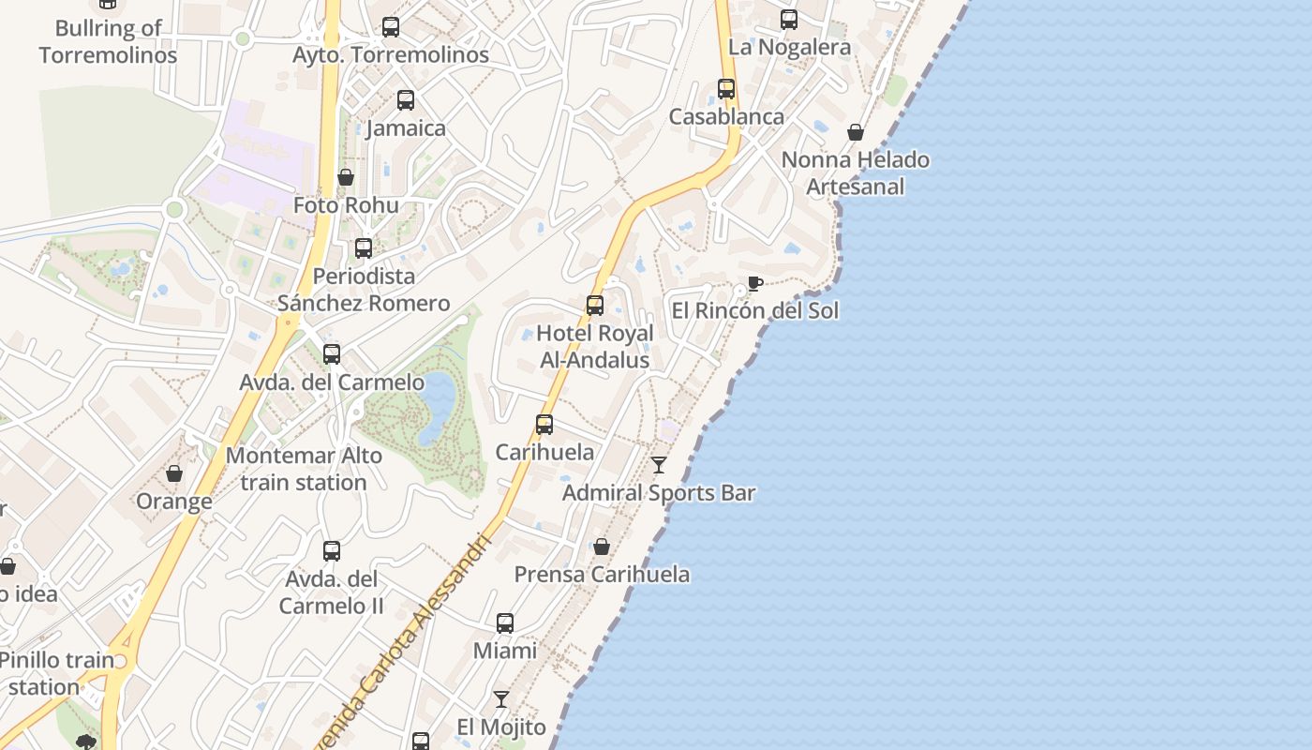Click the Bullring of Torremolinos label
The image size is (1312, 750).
point(108,41)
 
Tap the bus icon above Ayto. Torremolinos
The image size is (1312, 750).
point(391,27)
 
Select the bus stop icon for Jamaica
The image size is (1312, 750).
point(406,100)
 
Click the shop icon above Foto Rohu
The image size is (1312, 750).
point(346,177)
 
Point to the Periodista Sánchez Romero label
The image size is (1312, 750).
point(364,290)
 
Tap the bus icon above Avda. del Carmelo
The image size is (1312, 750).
point(332,354)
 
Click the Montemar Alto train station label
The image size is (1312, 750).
point(304,470)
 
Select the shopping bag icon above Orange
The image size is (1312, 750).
point(174,473)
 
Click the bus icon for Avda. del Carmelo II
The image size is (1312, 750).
point(332,551)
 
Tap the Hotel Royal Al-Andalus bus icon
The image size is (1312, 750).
point(595,306)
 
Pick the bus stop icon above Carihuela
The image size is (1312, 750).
point(544,425)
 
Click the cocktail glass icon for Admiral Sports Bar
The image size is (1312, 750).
point(659,465)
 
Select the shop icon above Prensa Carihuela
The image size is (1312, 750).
point(602,547)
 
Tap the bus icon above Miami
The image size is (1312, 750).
point(505,623)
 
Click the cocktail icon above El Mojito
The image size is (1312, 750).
point(501,699)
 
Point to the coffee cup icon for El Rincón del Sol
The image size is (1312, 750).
point(755,283)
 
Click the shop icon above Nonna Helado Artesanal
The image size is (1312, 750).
point(856,132)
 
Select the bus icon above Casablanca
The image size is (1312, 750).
point(726,89)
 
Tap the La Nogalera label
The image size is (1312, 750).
point(789,47)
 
